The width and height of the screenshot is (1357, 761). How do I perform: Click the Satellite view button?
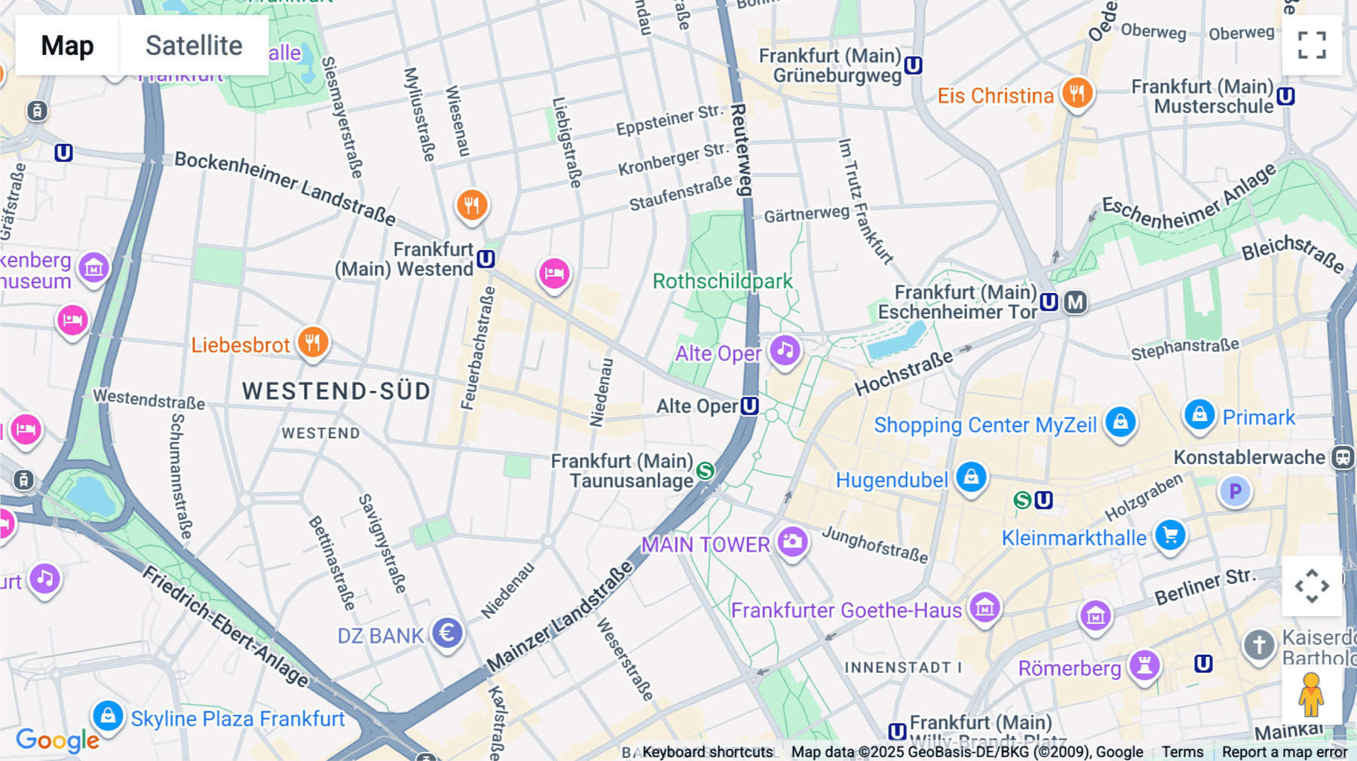[194, 45]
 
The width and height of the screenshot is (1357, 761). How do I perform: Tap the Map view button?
[67, 45]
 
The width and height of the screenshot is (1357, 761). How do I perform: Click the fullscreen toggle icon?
[1312, 45]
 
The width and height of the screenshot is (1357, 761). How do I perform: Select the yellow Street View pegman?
[1311, 695]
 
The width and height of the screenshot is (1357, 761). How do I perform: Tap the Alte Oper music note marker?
[785, 350]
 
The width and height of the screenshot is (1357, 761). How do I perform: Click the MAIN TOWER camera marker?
[792, 541]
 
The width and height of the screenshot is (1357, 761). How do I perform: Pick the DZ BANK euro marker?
[447, 633]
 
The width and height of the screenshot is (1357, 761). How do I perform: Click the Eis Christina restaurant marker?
[1077, 93]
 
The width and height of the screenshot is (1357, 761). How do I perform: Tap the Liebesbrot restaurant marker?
[313, 343]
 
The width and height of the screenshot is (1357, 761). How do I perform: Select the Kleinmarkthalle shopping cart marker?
[1170, 536]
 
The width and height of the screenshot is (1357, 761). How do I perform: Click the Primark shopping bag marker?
[1199, 414]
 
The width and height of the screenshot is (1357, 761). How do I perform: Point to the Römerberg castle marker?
[1144, 665]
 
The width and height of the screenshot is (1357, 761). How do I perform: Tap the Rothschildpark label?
[722, 281]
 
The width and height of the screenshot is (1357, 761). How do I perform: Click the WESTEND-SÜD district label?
[336, 391]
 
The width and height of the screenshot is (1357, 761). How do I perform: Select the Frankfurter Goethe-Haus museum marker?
[985, 607]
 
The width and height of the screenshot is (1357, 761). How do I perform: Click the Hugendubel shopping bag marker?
[971, 477]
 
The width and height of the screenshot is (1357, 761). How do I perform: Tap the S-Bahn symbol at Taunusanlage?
[705, 471]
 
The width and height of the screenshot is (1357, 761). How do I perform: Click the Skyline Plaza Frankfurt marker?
[108, 715]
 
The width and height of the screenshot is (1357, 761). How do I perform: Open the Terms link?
[1182, 751]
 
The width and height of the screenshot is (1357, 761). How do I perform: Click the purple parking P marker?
[1235, 491]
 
